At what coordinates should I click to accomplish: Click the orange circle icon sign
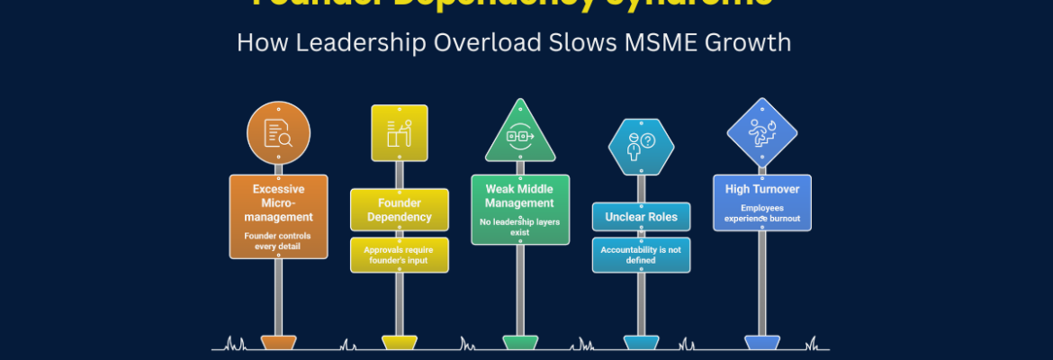[278, 132]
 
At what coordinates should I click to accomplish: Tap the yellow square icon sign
[399, 133]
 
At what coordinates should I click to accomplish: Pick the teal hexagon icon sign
[640, 145]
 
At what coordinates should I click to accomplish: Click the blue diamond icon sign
[762, 132]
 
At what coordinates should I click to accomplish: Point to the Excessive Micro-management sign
[278, 216]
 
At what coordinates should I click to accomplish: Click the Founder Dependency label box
[399, 210]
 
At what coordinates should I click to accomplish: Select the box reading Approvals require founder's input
[399, 255]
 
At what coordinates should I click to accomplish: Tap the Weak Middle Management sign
[520, 209]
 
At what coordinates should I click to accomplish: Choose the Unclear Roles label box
[640, 217]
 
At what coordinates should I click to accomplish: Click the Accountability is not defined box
[640, 255]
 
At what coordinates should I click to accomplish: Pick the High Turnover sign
[762, 202]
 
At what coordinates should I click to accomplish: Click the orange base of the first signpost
[278, 342]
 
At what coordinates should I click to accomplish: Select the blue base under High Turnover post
[762, 342]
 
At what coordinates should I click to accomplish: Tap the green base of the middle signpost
[520, 342]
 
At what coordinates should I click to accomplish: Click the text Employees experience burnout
[762, 213]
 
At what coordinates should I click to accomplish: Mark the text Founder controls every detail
[278, 241]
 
